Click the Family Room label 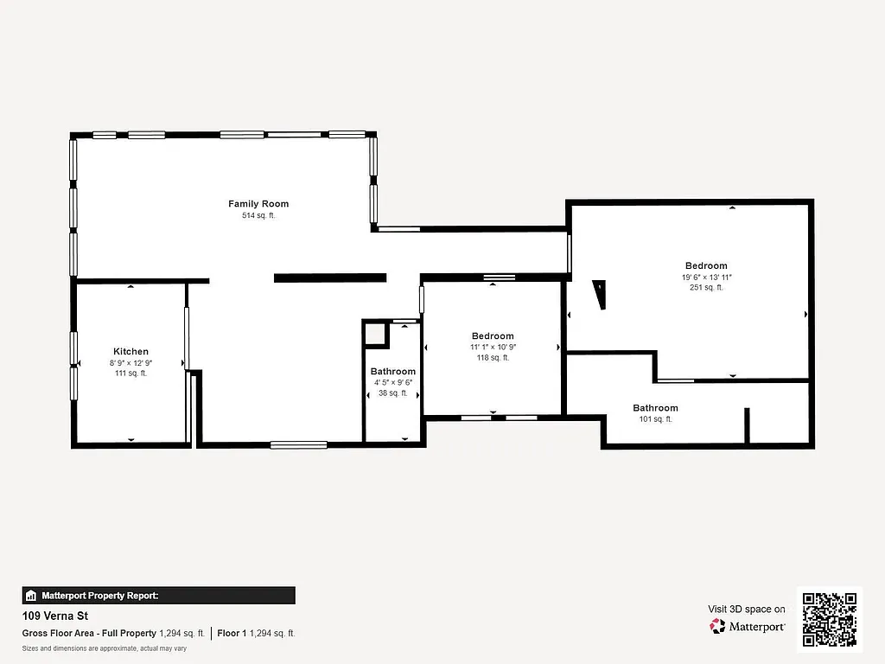tap(258, 204)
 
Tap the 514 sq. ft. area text tap(258, 216)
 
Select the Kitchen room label tap(131, 352)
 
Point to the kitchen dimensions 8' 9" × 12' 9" tap(131, 363)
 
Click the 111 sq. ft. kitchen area tap(131, 373)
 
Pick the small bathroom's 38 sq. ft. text tap(392, 393)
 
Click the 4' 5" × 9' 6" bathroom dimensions tap(392, 382)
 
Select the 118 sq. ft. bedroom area tap(493, 358)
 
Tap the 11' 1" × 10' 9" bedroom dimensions tap(493, 347)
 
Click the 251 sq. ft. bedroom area tap(706, 288)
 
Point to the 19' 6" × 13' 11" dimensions tap(706, 277)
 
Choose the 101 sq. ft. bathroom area tap(655, 419)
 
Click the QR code tap(829, 618)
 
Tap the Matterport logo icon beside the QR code tap(718, 626)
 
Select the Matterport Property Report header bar tap(158, 596)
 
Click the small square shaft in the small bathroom tap(374, 334)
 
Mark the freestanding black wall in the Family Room tap(329, 278)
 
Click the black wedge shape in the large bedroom tap(599, 294)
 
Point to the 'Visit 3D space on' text tap(747, 610)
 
